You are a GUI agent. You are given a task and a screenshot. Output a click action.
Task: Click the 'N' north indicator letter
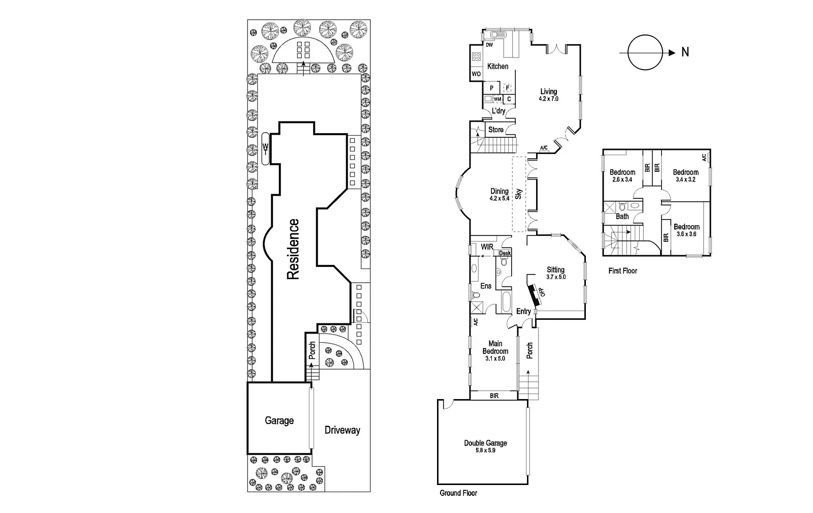[685, 52]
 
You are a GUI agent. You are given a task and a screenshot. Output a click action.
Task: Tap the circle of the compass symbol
[645, 52]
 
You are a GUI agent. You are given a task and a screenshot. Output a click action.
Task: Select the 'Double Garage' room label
[485, 443]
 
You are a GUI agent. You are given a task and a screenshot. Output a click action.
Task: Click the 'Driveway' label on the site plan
[342, 430]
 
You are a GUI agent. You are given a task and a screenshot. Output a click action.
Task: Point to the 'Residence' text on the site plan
[293, 249]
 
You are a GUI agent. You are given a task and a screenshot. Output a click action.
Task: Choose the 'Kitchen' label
[497, 66]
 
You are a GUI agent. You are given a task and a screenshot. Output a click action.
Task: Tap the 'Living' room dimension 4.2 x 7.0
[548, 99]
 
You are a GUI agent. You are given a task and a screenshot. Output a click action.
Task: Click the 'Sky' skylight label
[519, 194]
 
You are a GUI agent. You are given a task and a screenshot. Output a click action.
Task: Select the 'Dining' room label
[499, 191]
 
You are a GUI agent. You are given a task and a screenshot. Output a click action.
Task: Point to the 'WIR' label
[487, 247]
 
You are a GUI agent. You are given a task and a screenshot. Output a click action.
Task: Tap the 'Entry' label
[523, 311]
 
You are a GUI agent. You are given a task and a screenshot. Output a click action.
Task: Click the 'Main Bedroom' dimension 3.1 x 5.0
[495, 358]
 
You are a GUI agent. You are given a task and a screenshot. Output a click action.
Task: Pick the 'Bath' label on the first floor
[622, 217]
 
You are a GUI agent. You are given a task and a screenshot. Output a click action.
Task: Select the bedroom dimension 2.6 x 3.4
[622, 179]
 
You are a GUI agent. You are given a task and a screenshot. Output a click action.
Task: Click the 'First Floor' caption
[622, 271]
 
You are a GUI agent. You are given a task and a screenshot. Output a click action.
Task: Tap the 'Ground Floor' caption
[458, 493]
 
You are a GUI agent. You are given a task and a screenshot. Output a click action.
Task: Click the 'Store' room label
[495, 130]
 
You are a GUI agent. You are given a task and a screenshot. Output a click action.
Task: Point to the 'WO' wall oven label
[476, 74]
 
